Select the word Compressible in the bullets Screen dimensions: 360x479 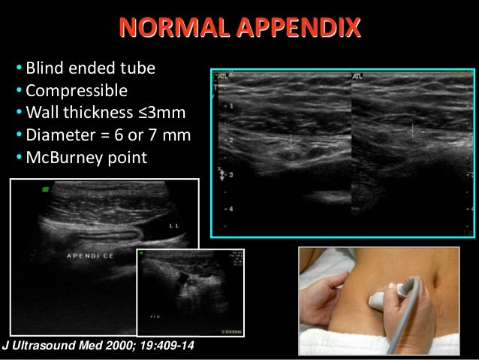point(76,91)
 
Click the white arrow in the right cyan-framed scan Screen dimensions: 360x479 point(412,130)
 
